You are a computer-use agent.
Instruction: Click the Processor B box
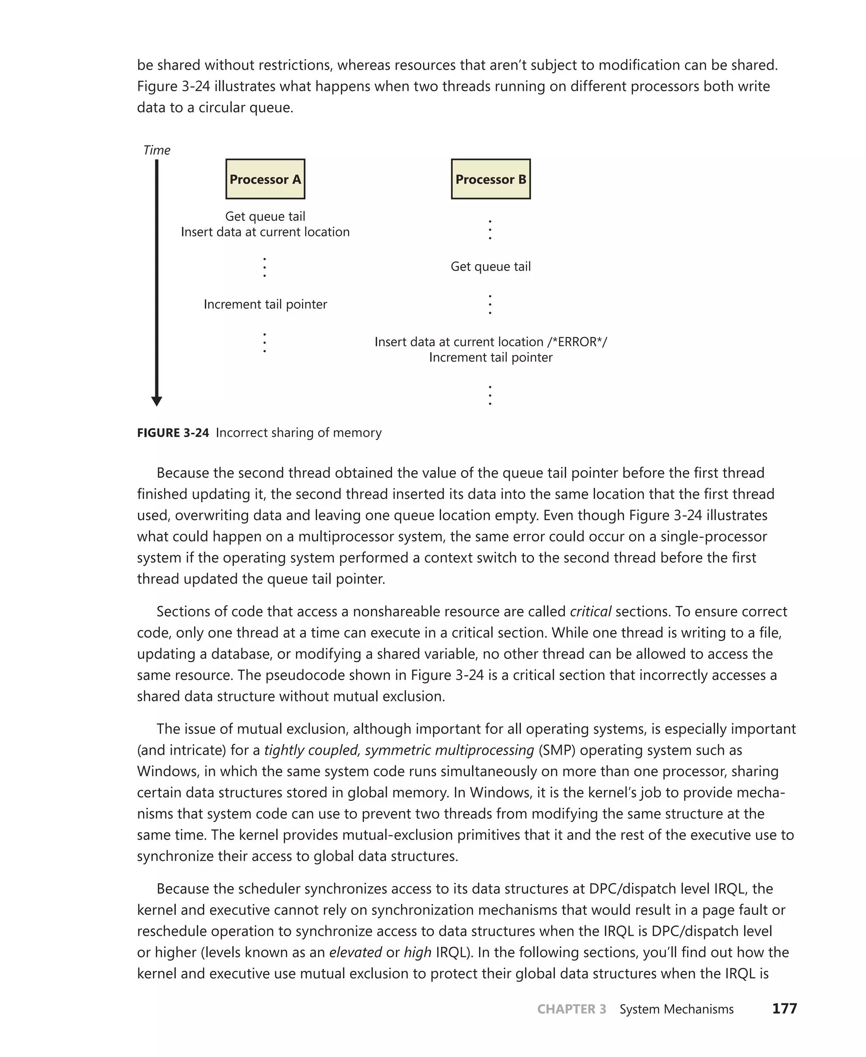click(491, 179)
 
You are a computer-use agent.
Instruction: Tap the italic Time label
click(156, 150)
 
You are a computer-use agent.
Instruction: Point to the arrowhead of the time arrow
click(156, 401)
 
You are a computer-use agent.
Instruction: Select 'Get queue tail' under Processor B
click(491, 266)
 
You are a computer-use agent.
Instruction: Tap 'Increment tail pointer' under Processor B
click(491, 358)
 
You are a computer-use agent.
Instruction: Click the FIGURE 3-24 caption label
click(173, 433)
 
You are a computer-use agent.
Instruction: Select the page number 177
click(784, 1009)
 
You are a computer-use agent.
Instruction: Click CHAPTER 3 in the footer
click(571, 1009)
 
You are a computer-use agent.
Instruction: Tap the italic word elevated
click(355, 952)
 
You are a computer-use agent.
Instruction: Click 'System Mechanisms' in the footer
click(677, 1009)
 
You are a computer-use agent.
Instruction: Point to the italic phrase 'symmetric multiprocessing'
click(449, 750)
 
